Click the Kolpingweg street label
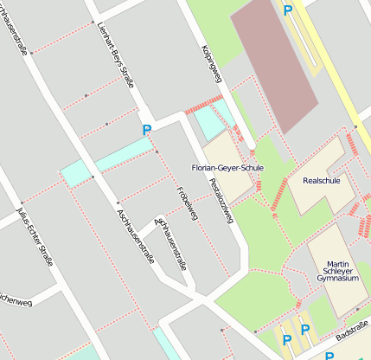click(212, 64)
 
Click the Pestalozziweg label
click(221, 201)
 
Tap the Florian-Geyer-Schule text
click(227, 167)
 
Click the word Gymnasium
click(337, 279)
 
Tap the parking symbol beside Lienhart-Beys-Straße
click(146, 130)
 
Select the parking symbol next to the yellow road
click(287, 10)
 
